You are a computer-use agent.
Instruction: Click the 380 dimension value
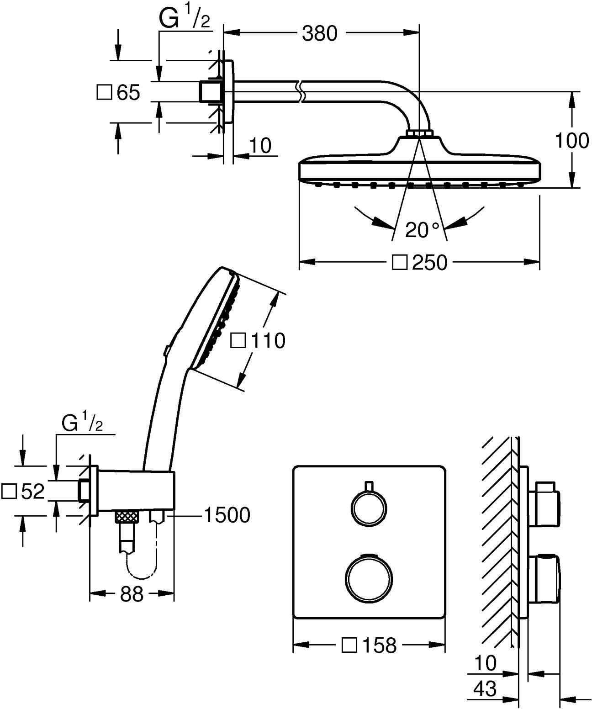coord(319,33)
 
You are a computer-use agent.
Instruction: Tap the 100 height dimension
coord(571,140)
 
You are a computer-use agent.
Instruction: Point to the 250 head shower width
coord(428,263)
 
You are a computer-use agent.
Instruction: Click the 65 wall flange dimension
coord(128,93)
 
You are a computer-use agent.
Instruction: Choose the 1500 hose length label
coord(227,515)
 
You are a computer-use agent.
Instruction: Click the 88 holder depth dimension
coord(132,594)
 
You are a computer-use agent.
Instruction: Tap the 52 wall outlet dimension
coord(32,491)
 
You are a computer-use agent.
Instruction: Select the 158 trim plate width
coord(378,645)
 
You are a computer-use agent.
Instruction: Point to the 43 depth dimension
coord(485,688)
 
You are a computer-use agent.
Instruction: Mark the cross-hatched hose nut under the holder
coord(127,517)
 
